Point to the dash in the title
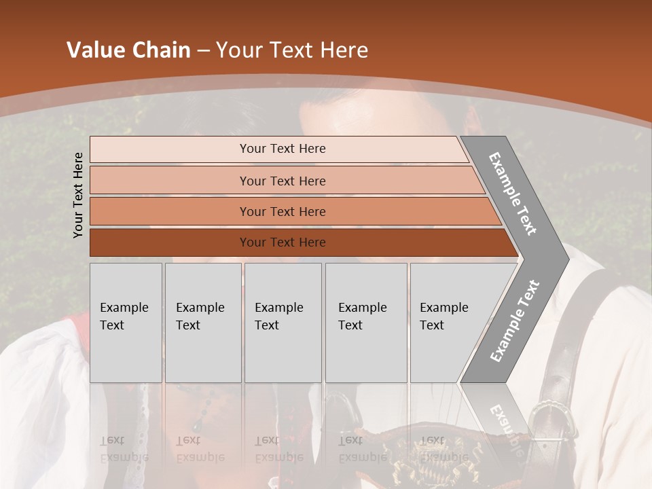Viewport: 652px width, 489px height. [203, 51]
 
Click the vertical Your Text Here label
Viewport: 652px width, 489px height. [78, 195]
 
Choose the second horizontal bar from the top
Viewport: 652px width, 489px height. [282, 181]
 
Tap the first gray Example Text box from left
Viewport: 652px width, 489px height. [126, 323]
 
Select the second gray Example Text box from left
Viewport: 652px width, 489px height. [203, 323]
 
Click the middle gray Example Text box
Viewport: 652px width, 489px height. [283, 323]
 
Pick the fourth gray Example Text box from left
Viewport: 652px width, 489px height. [366, 323]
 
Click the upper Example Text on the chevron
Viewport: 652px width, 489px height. [513, 194]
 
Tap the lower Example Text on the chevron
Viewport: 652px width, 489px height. [514, 321]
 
